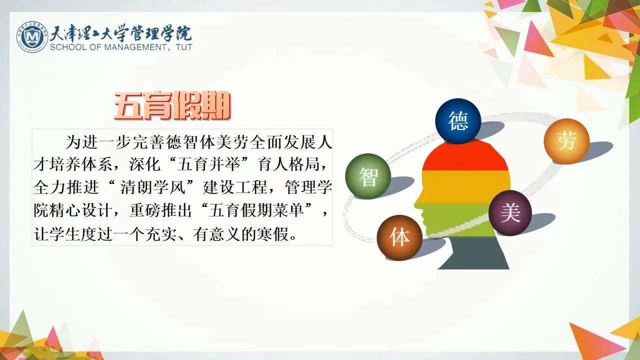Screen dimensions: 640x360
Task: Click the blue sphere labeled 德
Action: pyautogui.click(x=458, y=121)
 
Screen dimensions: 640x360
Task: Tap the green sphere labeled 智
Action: pyautogui.click(x=368, y=176)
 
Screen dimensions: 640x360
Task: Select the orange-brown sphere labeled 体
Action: pyautogui.click(x=399, y=237)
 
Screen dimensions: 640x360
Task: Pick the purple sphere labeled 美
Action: pyautogui.click(x=510, y=213)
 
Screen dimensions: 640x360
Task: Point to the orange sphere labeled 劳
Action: pyautogui.click(x=566, y=141)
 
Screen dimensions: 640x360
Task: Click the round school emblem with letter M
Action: pyautogui.click(x=31, y=36)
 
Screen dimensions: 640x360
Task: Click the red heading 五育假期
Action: pyautogui.click(x=172, y=105)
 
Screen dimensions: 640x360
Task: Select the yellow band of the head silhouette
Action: pyautogui.click(x=465, y=187)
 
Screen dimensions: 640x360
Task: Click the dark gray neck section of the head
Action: pyautogui.click(x=473, y=253)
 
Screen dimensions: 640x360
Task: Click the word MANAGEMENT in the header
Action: pyautogui.click(x=134, y=47)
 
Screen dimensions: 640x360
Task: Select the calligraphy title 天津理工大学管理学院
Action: pyautogui.click(x=121, y=33)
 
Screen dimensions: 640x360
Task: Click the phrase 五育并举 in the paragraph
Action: pyautogui.click(x=208, y=165)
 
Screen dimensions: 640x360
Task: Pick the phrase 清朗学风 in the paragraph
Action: pyautogui.click(x=153, y=187)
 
